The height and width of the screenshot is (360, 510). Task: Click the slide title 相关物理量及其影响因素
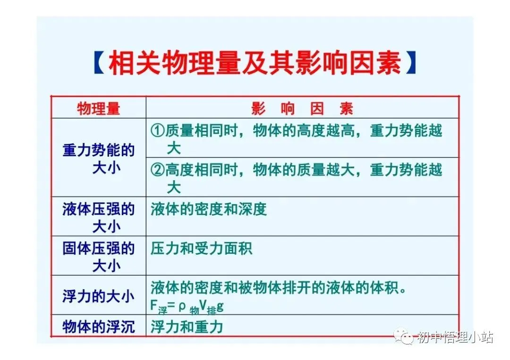255,63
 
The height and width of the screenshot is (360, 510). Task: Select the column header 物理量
98,109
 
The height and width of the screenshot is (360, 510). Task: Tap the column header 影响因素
302,109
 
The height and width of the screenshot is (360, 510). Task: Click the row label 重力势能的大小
98,159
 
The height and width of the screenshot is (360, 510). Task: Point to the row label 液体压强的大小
98,218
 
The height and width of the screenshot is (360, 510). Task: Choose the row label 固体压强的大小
98,257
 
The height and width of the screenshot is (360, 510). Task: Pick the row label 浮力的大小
98,296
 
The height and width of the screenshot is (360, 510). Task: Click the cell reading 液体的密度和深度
209,209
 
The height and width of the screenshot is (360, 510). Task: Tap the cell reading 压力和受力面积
202,249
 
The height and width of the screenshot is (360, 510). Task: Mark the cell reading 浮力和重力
187,327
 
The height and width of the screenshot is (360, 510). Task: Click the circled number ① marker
158,131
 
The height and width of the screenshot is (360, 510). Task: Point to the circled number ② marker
158,170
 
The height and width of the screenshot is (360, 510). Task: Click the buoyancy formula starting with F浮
187,307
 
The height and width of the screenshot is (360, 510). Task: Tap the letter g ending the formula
220,307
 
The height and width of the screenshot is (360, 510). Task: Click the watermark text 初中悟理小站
455,337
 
